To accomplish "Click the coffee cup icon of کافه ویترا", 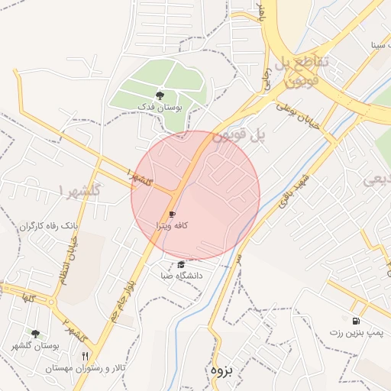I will click(x=172, y=215).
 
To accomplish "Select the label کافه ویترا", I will click(x=172, y=226).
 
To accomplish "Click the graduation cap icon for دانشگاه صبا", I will click(x=180, y=264).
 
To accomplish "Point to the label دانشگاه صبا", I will click(x=181, y=276).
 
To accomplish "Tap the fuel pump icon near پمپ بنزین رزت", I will click(x=355, y=321).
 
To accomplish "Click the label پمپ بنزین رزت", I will click(x=355, y=333).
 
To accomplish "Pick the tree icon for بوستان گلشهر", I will click(x=35, y=334).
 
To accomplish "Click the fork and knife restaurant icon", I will click(x=85, y=356).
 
